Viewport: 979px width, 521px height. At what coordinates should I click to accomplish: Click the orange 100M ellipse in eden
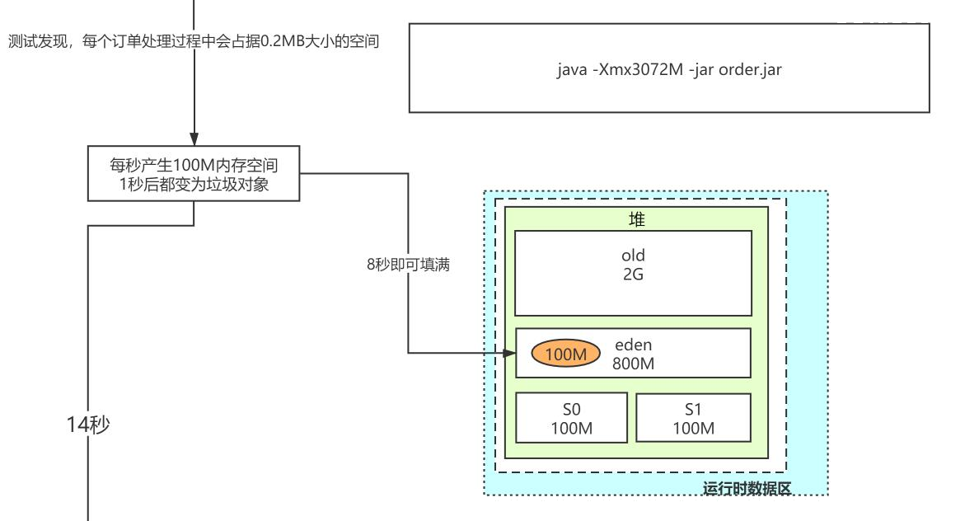point(565,354)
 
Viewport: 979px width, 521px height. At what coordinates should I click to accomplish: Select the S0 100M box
point(571,418)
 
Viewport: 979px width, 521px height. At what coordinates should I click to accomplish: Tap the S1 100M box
point(693,418)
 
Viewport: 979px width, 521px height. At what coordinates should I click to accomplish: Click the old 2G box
point(633,273)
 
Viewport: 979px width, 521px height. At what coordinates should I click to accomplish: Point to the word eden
point(633,345)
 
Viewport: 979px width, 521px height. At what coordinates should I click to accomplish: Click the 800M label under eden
point(633,364)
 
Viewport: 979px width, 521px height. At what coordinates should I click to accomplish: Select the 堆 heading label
point(636,219)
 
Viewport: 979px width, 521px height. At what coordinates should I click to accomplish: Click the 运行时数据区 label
point(747,488)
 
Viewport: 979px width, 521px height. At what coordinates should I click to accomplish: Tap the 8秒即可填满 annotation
point(409,265)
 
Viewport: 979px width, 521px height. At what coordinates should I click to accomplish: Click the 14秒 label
point(88,425)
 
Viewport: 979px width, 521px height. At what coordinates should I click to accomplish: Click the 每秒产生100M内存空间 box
point(194,174)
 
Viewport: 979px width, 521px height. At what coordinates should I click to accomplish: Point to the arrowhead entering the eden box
point(509,353)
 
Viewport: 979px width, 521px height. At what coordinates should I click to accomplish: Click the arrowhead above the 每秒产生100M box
point(194,138)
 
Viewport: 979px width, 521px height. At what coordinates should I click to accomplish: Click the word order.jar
point(750,69)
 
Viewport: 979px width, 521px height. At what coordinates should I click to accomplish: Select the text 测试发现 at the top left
point(37,41)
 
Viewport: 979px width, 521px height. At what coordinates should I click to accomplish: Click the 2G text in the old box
point(633,275)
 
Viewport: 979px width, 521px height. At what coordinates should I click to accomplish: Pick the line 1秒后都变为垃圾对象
point(194,184)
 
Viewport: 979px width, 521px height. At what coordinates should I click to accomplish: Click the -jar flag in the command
point(701,69)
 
